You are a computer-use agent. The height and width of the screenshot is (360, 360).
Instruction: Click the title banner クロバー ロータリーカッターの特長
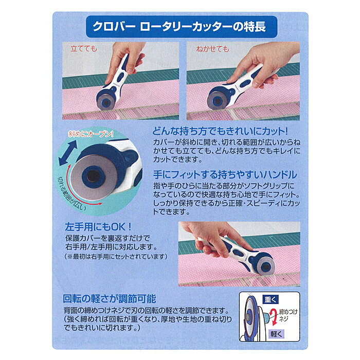tap(182, 27)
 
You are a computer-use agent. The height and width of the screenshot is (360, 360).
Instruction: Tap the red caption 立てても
tap(83, 49)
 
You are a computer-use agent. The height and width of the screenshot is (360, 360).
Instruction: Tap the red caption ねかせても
tap(212, 49)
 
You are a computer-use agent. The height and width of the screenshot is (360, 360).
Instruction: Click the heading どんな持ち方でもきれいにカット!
tap(220, 131)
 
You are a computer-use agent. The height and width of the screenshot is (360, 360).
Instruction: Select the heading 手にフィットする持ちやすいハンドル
tap(225, 175)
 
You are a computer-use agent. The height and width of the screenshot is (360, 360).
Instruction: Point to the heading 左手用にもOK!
tap(98, 227)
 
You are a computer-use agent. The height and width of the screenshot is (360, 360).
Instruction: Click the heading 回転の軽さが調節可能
tap(110, 299)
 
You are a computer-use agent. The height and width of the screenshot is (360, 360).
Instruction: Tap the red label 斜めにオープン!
tap(91, 134)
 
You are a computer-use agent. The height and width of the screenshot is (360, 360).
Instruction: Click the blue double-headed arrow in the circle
tap(67, 153)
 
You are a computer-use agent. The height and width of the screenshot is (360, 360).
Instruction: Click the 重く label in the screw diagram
tap(271, 300)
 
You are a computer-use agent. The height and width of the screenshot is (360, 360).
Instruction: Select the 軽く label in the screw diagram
tap(277, 334)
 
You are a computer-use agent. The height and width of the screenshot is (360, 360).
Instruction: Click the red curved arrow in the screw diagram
tap(273, 317)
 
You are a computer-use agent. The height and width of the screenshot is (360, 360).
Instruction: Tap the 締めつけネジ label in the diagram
tap(288, 315)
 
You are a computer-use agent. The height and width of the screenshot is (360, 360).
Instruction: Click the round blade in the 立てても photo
tap(105, 102)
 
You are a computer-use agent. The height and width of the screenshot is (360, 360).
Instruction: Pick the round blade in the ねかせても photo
tap(217, 101)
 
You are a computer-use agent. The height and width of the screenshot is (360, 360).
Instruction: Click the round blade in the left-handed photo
tap(266, 266)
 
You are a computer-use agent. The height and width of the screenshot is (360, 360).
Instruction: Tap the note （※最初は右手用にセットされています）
tap(116, 257)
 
